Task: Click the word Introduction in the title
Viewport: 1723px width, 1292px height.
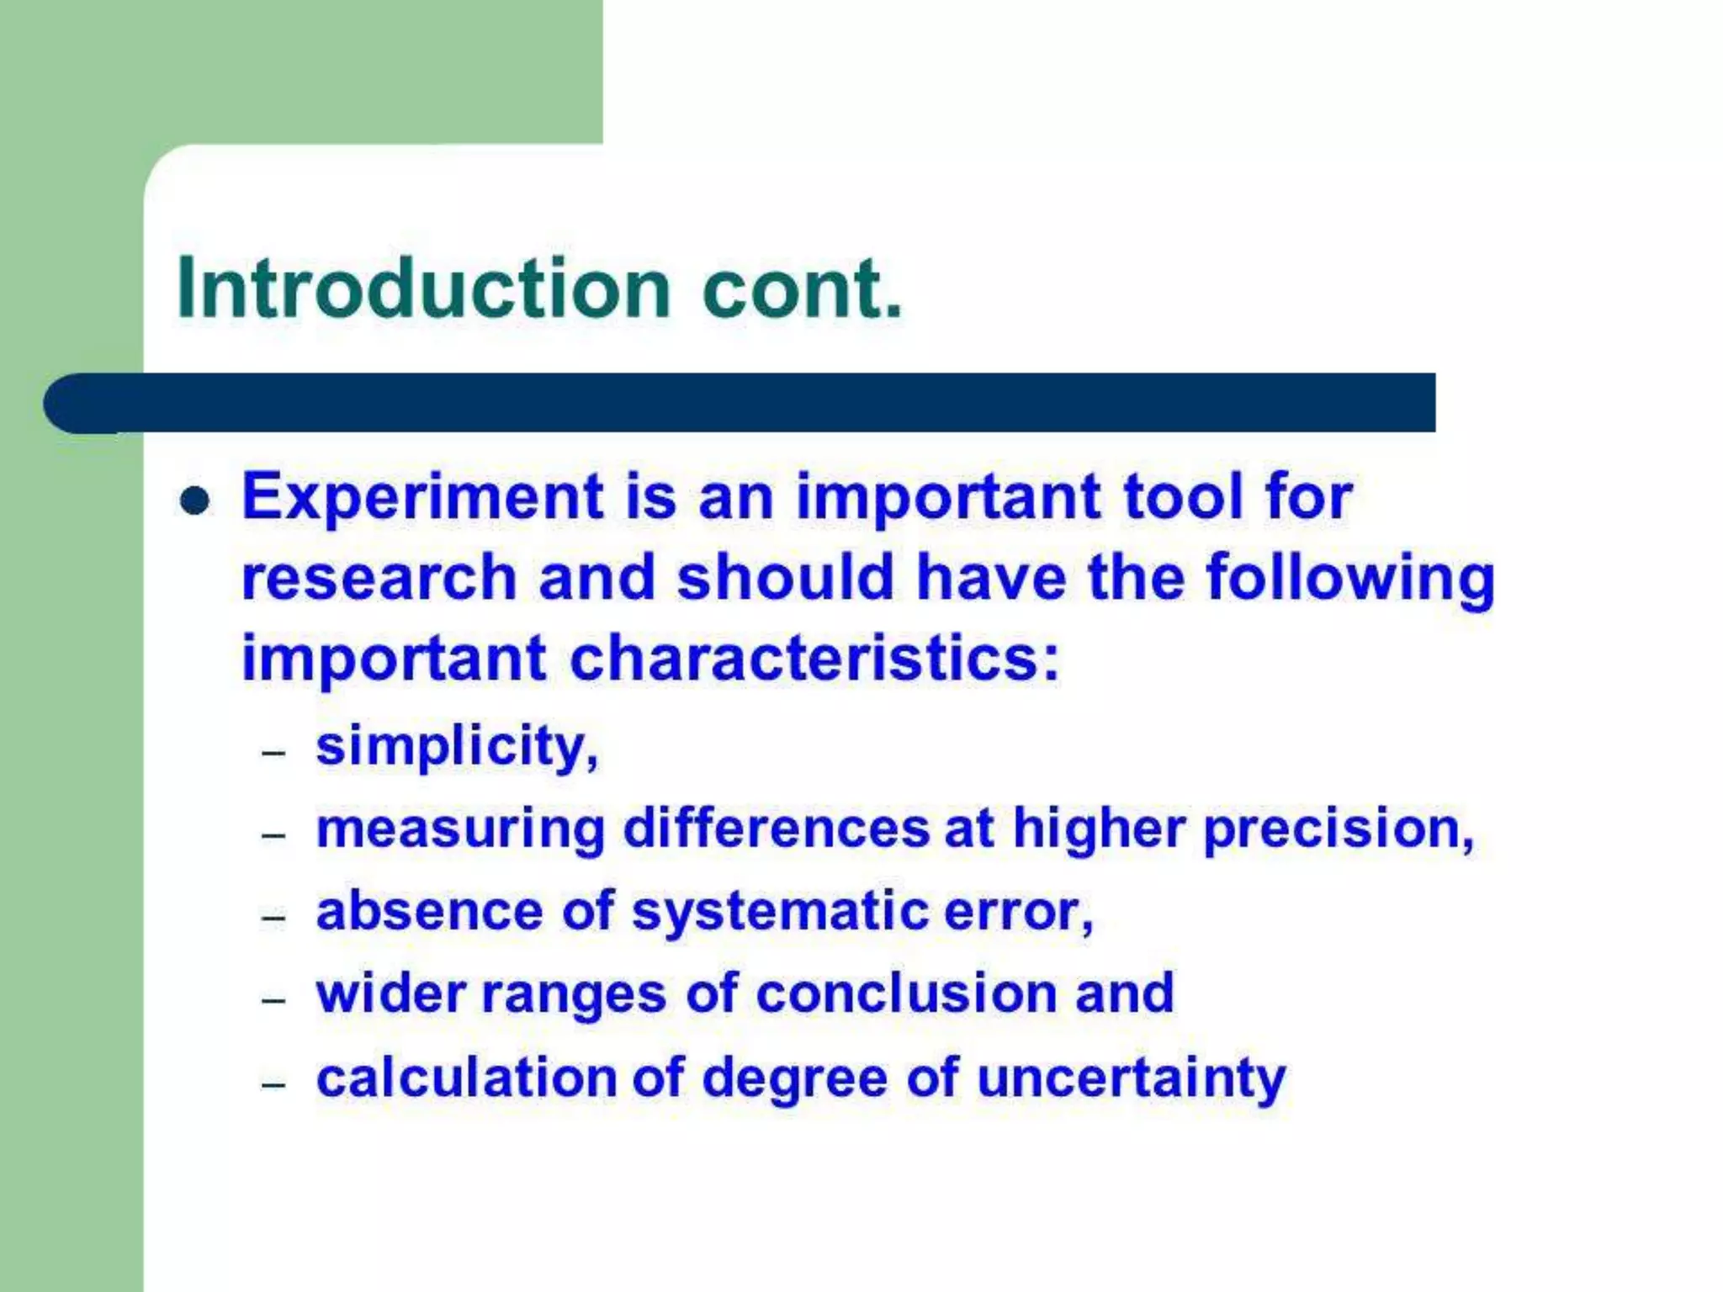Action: click(x=423, y=289)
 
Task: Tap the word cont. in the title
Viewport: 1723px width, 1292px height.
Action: click(x=801, y=289)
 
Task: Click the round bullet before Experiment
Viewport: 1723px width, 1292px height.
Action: click(x=194, y=501)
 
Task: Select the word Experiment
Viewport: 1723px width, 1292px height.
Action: click(x=422, y=498)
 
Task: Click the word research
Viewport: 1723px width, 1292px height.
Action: click(x=379, y=579)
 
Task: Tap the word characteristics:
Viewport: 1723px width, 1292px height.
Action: click(x=814, y=659)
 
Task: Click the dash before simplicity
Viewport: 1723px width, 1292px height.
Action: click(x=274, y=753)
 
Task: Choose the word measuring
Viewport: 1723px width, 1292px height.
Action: click(x=460, y=829)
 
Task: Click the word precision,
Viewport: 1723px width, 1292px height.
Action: click(x=1339, y=829)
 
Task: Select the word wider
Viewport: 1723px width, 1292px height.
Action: click(x=390, y=993)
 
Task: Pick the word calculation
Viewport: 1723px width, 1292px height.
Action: click(x=466, y=1078)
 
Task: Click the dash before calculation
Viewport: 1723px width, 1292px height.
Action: click(x=274, y=1085)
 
